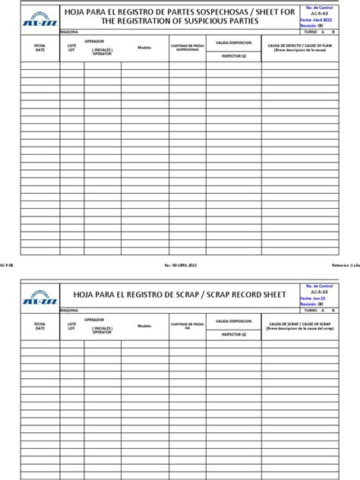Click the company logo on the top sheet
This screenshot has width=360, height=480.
39,18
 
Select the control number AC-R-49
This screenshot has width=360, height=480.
321,14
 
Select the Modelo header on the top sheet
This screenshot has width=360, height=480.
144,47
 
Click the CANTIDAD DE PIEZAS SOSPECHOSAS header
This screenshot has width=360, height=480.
187,48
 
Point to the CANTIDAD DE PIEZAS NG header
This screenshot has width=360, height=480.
187,325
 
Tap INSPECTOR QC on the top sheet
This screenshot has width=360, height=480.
233,56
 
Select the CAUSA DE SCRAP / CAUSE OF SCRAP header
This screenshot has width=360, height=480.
300,324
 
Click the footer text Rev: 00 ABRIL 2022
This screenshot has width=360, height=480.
180,265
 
